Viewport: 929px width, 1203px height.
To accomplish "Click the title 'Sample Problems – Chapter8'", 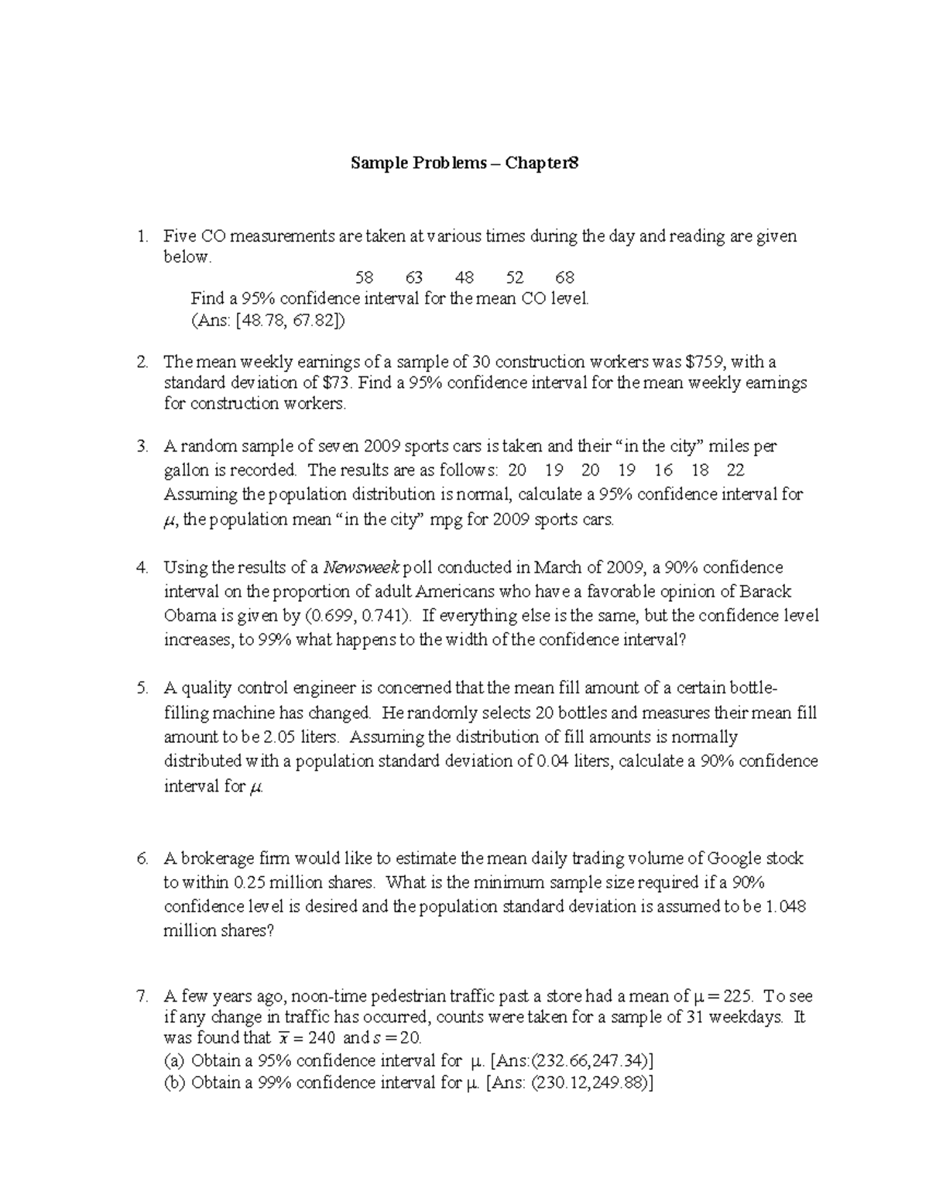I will click(x=464, y=163).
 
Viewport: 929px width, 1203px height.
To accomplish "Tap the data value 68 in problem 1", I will click(x=565, y=277).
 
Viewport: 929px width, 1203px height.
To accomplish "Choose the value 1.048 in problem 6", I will click(x=786, y=906).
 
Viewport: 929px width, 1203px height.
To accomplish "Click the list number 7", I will click(x=141, y=996).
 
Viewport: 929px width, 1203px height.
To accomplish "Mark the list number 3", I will click(x=141, y=446).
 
